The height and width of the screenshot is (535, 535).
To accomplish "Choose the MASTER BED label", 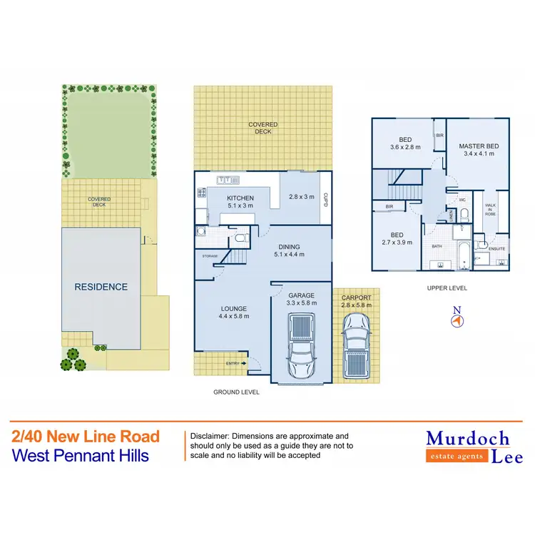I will (x=478, y=146).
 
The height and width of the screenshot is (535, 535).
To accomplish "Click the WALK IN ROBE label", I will (x=491, y=208).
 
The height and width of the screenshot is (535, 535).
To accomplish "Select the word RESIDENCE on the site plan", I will (x=101, y=287).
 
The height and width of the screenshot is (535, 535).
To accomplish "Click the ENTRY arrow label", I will (x=235, y=363).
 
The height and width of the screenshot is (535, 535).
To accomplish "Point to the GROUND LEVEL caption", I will (x=236, y=392).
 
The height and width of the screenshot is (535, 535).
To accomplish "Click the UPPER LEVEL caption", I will (x=447, y=287).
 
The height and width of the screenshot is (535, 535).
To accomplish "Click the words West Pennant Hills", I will (x=81, y=454).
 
